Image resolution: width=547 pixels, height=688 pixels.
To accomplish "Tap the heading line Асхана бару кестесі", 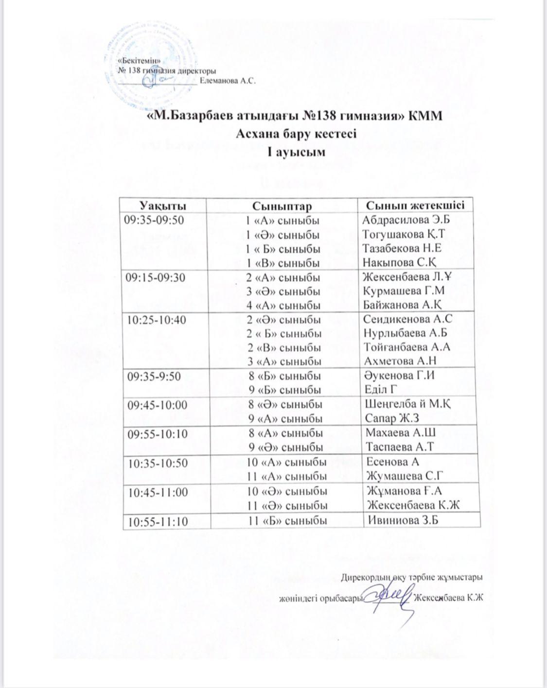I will (x=296, y=133).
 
